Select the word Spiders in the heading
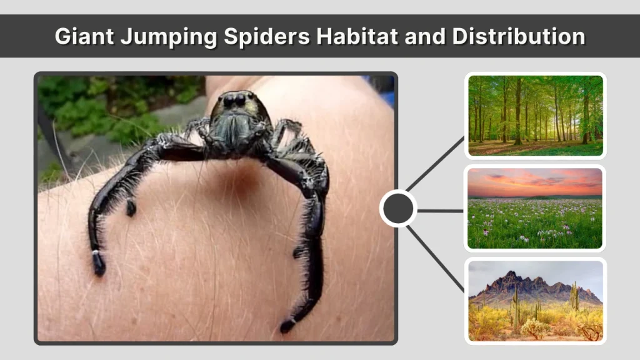click(x=265, y=36)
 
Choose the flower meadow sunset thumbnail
click(x=535, y=208)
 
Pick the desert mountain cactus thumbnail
click(x=535, y=301)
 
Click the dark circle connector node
click(x=398, y=209)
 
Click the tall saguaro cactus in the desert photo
click(x=574, y=296)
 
